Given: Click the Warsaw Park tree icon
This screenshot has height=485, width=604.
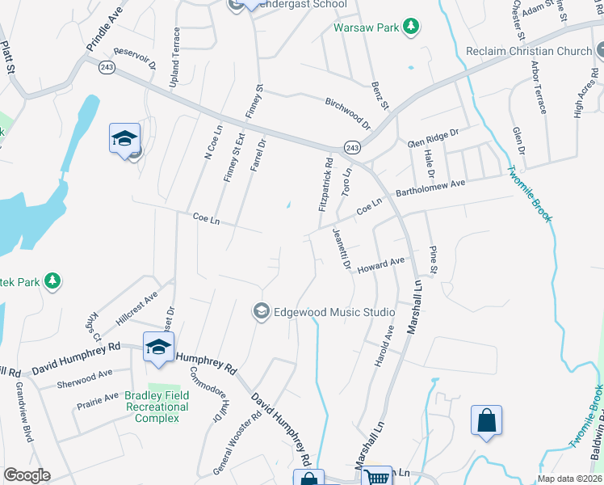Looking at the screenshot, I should [412, 27].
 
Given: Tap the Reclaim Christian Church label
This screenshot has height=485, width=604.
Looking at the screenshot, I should [529, 51].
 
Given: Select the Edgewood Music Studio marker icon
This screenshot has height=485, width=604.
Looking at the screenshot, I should [261, 312].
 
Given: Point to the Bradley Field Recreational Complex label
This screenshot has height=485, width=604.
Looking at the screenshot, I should [157, 407].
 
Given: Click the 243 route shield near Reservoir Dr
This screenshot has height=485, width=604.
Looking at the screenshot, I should [107, 68].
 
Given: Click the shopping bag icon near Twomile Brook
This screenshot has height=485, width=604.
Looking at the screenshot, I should [486, 420].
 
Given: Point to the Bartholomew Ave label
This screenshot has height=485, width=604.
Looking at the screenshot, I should [430, 190].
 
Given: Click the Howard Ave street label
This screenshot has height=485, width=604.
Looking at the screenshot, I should [381, 264].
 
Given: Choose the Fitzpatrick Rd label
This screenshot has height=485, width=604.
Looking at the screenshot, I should [325, 185].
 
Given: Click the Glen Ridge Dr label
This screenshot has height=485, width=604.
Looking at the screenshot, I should [433, 137].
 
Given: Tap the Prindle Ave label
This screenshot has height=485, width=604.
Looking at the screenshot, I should [102, 38].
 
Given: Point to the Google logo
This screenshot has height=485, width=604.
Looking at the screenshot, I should [27, 475].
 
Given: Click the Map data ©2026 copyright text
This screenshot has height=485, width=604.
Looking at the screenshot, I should [569, 479].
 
